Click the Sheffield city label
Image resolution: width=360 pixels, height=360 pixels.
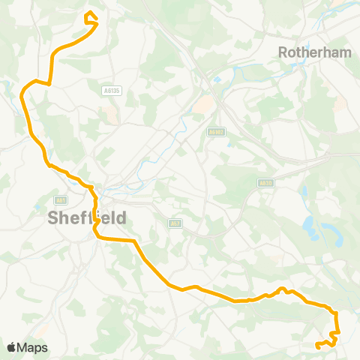[87, 217]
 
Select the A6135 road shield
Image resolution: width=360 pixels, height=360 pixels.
[111, 90]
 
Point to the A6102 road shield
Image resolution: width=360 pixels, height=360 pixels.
[216, 131]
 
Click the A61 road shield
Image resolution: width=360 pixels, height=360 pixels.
[60, 200]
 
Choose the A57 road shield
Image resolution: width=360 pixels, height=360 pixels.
[174, 223]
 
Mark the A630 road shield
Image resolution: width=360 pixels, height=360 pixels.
[265, 182]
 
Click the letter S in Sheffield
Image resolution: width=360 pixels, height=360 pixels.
[53, 217]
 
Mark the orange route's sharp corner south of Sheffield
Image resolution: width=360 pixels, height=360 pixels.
[134, 241]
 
